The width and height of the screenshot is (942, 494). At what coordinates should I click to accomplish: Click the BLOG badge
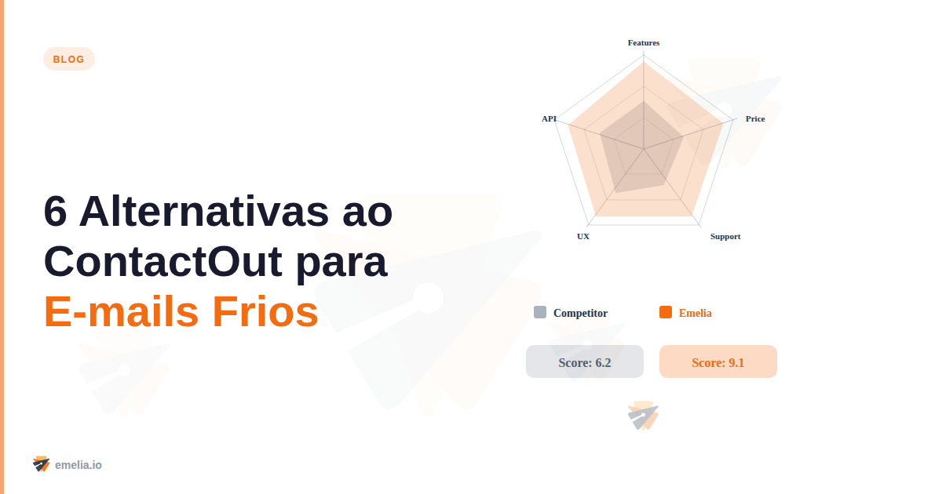[69, 59]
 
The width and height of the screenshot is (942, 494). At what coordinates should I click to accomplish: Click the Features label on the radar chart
[644, 42]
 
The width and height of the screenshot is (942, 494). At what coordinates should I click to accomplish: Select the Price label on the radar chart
[755, 118]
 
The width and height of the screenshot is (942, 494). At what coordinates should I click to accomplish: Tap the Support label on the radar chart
[725, 236]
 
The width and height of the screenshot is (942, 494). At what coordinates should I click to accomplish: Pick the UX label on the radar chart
[583, 236]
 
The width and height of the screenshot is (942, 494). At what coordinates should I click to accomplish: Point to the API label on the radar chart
[549, 118]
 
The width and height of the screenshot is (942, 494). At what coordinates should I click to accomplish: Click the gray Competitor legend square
[540, 312]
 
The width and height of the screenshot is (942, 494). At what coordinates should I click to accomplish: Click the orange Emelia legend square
[666, 312]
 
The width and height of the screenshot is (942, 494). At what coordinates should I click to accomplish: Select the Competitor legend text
[580, 313]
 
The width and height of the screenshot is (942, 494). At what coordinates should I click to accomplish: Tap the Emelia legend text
[696, 313]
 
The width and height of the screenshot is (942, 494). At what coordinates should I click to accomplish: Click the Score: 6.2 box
[585, 362]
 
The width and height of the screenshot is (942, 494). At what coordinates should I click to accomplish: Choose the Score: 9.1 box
[718, 362]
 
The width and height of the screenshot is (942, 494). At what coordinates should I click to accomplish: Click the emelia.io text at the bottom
[78, 465]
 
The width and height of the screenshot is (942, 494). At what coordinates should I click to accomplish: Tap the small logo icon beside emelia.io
[41, 464]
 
